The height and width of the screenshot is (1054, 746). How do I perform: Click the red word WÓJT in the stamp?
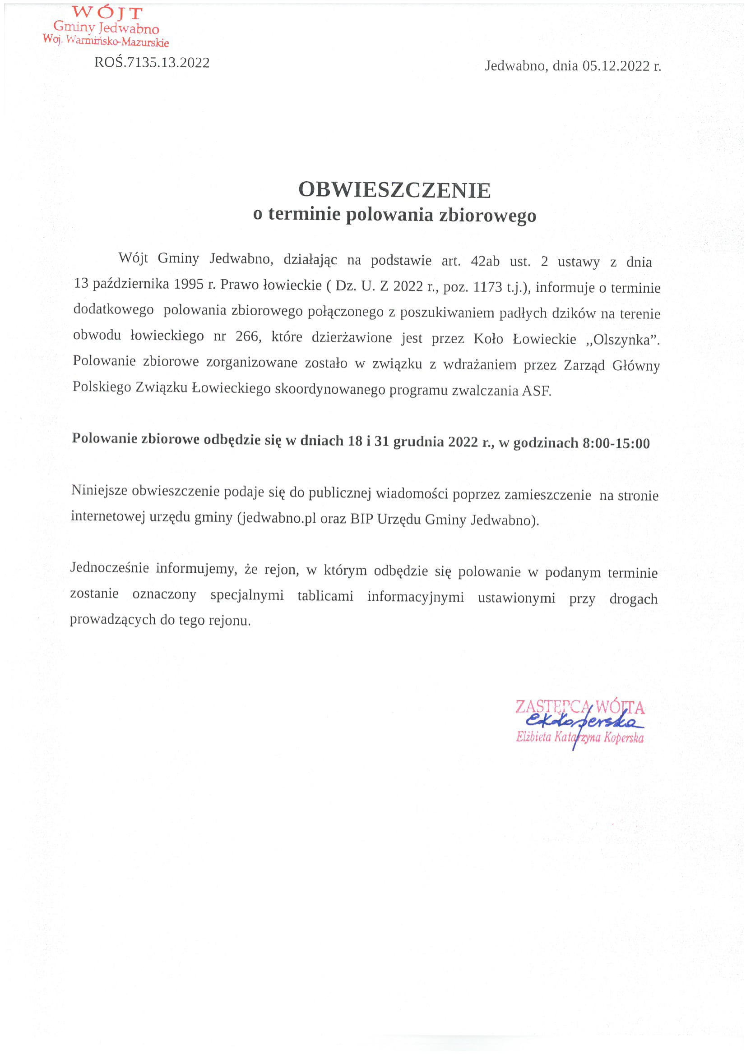click(x=107, y=12)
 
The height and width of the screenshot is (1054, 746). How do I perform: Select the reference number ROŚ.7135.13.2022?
click(x=152, y=62)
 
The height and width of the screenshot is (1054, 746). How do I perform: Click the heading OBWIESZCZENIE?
click(x=394, y=189)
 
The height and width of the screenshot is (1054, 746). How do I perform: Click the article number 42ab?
click(x=485, y=262)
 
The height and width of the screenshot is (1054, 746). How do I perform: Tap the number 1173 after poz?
click(x=487, y=287)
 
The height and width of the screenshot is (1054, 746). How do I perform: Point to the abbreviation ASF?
click(x=536, y=391)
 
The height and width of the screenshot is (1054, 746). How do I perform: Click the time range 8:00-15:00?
click(x=616, y=443)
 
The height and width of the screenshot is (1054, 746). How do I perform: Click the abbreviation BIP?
click(x=361, y=520)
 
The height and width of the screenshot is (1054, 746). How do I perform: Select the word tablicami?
click(x=325, y=596)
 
